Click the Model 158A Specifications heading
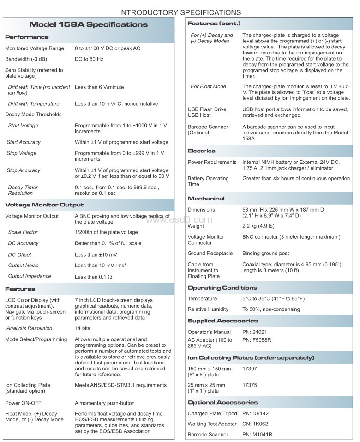[89, 24]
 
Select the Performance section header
[27, 37]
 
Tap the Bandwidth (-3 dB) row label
[26, 59]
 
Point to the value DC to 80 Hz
[89, 59]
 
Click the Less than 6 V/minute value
[99, 87]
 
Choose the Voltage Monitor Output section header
[44, 205]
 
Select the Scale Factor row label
[23, 232]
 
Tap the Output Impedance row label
[30, 276]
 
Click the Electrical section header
[202, 151]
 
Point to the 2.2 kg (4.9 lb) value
[258, 226]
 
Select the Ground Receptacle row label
[210, 254]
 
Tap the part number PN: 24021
[255, 332]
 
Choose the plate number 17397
[250, 369]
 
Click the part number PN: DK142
[255, 413]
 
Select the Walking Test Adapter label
[212, 424]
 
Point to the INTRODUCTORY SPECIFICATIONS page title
[180, 12]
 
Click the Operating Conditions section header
[222, 288]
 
